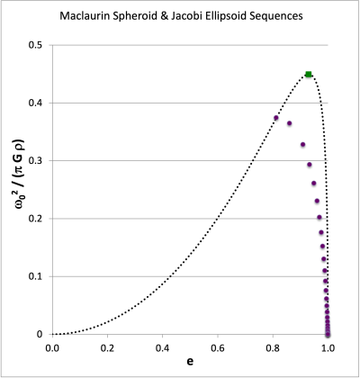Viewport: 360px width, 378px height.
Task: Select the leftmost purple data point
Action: (x=276, y=118)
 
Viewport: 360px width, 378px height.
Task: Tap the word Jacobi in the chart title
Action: (x=215, y=18)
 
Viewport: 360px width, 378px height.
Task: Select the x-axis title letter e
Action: (x=190, y=360)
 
